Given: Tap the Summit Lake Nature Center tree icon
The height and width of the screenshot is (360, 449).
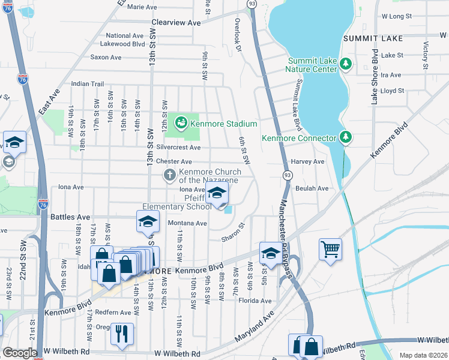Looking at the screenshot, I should click(346, 63).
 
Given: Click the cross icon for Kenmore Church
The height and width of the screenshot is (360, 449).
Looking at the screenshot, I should click(170, 175).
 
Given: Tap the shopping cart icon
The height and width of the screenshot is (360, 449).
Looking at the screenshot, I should click(331, 248).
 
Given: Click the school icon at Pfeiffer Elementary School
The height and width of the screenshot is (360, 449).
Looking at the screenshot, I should click(217, 193).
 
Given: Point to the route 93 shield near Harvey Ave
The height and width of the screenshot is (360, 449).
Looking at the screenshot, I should click(288, 175).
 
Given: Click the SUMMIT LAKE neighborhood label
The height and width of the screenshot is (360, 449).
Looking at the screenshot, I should click(372, 38).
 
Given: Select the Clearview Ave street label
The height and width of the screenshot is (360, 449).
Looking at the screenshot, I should click(176, 22).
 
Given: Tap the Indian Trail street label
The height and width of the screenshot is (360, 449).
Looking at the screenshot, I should click(88, 84).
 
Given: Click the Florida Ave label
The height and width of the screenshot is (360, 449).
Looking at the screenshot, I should click(255, 301).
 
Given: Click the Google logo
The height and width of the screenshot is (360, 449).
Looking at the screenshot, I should click(20, 353).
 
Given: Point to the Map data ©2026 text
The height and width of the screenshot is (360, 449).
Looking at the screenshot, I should click(423, 355).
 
